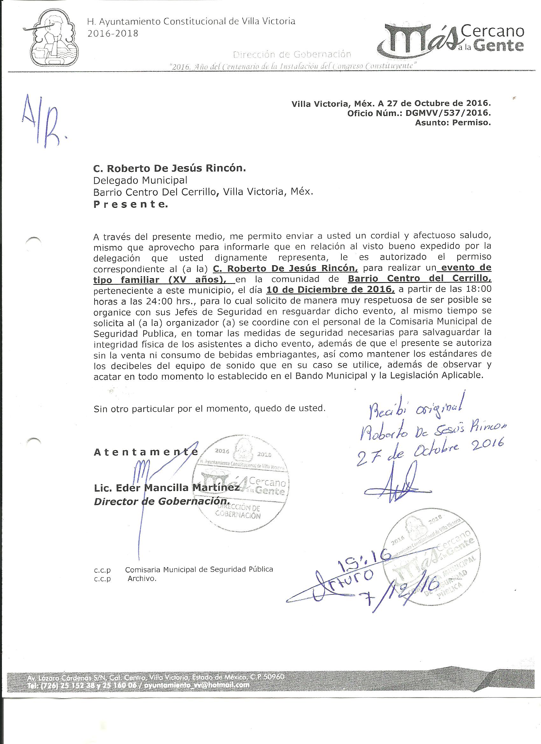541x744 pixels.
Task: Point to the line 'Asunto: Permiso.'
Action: pos(453,123)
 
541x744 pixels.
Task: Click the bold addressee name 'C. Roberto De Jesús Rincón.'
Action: pos(169,169)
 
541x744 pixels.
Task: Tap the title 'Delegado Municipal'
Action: pos(140,180)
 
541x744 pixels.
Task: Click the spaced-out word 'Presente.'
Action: pos(130,205)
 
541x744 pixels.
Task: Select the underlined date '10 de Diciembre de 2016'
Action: pos(330,290)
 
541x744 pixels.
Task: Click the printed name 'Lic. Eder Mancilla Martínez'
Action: pos(167,488)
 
